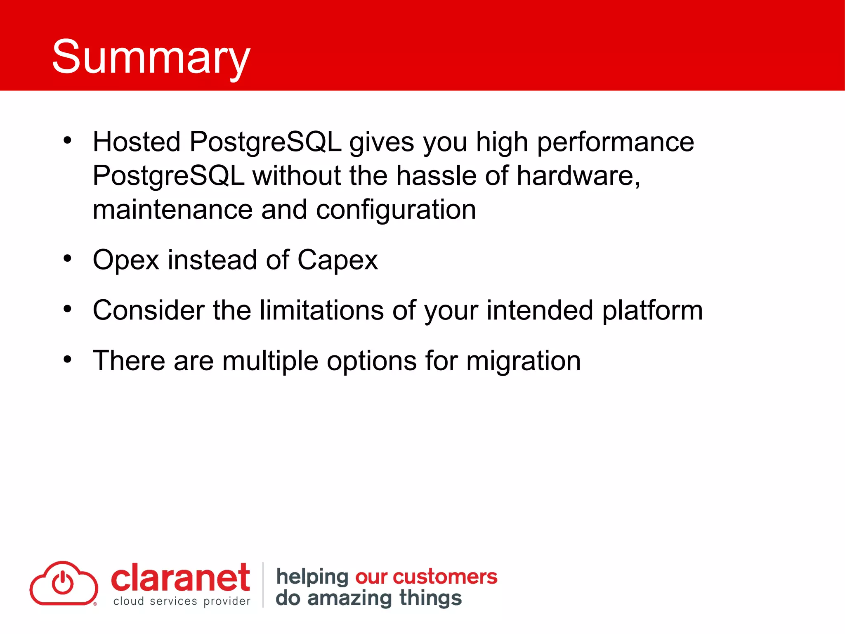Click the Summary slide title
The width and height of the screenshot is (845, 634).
(151, 57)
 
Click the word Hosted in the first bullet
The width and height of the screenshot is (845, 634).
(137, 142)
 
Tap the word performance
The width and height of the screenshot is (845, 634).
(615, 142)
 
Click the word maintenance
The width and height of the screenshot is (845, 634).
(172, 210)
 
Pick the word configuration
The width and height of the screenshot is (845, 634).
(396, 210)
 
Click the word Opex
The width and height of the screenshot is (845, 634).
(126, 260)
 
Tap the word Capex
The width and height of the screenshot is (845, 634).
(337, 260)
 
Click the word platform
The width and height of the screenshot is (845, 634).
(652, 310)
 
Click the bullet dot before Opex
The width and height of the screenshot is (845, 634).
(67, 259)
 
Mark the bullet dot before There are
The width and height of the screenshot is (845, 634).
(67, 360)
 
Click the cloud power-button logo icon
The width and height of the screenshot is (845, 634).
(64, 583)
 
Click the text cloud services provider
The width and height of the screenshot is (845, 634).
(182, 601)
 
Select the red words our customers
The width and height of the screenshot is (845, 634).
(426, 577)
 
